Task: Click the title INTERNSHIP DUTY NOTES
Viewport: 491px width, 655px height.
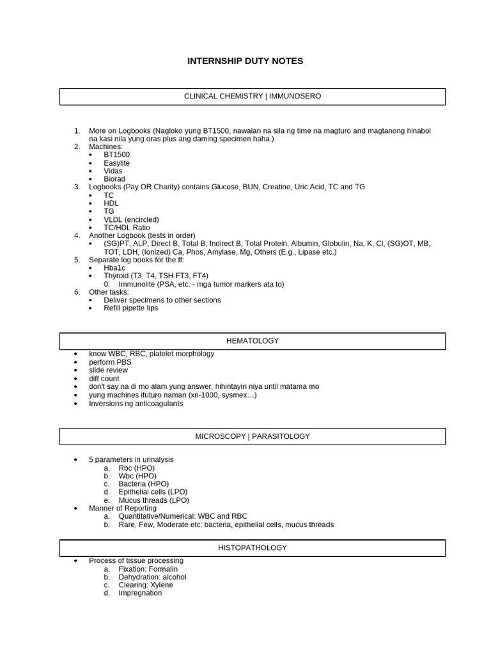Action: click(245, 61)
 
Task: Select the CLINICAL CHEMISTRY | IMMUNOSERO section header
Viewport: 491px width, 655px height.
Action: click(253, 97)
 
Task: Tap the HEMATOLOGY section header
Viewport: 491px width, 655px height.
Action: click(253, 341)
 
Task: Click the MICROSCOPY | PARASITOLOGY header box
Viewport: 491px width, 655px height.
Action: click(253, 436)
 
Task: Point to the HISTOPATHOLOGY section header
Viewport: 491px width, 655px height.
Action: click(253, 548)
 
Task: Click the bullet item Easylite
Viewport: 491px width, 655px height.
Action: click(116, 163)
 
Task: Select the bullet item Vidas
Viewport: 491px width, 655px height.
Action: click(113, 171)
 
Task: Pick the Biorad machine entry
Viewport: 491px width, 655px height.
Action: click(114, 179)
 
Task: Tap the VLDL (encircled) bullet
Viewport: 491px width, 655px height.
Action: click(131, 219)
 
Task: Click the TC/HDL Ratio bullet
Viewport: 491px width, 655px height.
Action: click(127, 228)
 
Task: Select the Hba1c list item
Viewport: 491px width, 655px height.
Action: click(114, 268)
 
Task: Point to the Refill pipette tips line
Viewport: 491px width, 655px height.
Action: click(130, 308)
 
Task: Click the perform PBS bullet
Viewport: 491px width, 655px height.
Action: click(110, 362)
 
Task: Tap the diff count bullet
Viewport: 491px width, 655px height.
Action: click(104, 379)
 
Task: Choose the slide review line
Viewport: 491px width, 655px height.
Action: click(108, 370)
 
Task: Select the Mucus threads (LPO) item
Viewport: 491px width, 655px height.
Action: click(153, 500)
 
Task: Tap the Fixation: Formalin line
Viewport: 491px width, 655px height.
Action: click(148, 569)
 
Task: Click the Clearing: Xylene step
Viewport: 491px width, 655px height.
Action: click(145, 585)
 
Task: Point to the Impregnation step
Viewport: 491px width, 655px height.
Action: click(140, 593)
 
